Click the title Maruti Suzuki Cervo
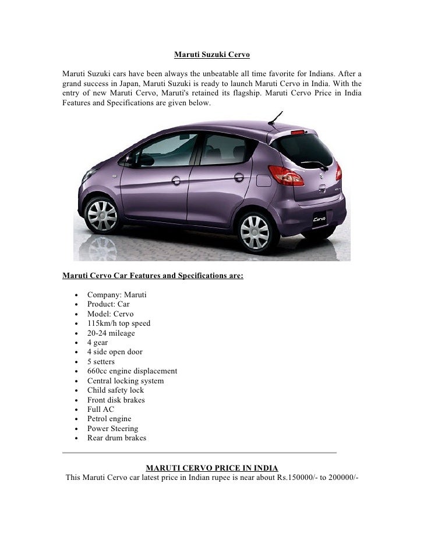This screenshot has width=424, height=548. point(212,55)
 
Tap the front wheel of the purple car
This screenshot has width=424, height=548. point(102,216)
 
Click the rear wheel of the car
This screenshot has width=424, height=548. point(255,232)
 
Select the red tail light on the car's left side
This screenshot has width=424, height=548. point(286,175)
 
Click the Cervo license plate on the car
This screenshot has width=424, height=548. point(319,220)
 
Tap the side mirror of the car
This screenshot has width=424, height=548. point(128,159)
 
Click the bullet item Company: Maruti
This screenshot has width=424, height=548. point(116,295)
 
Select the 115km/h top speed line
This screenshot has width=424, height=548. point(119,323)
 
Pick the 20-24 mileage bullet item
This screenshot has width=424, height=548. point(111,333)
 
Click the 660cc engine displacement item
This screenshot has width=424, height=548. point(132,371)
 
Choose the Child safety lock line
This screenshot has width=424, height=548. point(115,390)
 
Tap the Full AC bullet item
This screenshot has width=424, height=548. point(101,410)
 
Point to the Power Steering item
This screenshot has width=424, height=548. point(113,429)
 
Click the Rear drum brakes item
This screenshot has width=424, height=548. point(116,438)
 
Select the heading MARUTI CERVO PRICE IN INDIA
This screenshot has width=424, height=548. point(211,468)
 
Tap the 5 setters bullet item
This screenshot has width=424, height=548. point(101,362)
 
